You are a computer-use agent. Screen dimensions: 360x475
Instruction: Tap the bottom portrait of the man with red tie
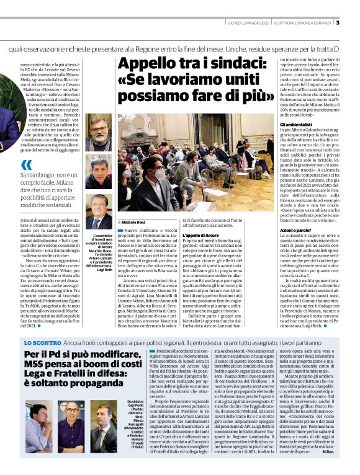(99, 211)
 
